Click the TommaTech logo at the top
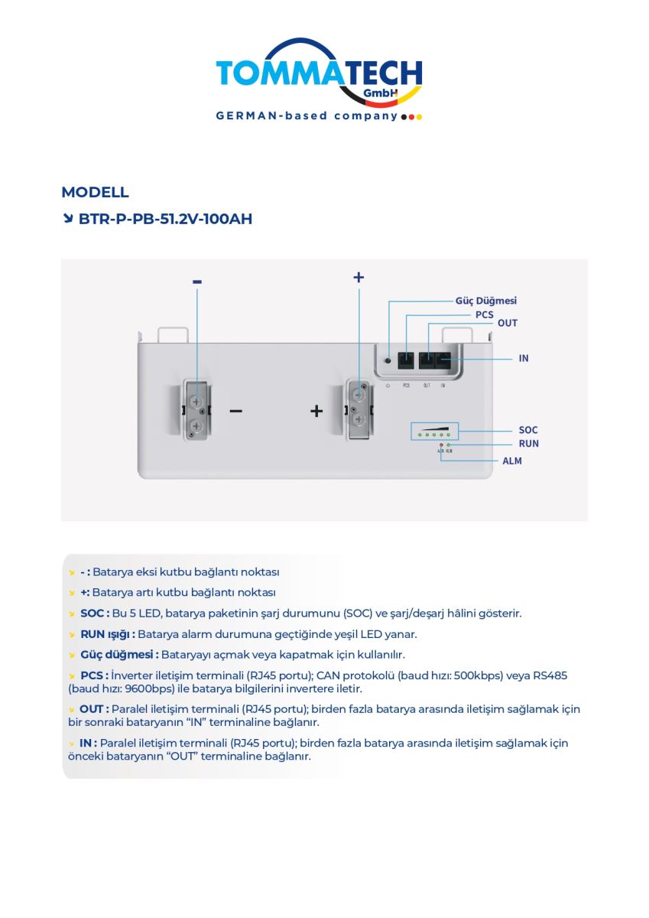pyautogui.click(x=319, y=75)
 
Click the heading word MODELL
pyautogui.click(x=95, y=192)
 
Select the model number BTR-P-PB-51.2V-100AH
pyautogui.click(x=165, y=219)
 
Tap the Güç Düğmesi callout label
pyautogui.click(x=486, y=301)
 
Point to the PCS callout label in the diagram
pyautogui.click(x=485, y=314)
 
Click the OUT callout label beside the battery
pyautogui.click(x=508, y=323)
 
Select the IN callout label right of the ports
pyautogui.click(x=524, y=358)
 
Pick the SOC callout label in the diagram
pyautogui.click(x=528, y=430)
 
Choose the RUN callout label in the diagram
pyautogui.click(x=528, y=444)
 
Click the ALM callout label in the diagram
pyautogui.click(x=512, y=461)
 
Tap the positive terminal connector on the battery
pyautogui.click(x=358, y=412)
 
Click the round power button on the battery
pyautogui.click(x=388, y=360)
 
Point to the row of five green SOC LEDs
pyautogui.click(x=433, y=435)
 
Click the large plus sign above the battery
pyautogui.click(x=359, y=277)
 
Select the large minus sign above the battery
pyautogui.click(x=197, y=282)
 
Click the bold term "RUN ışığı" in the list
pyautogui.click(x=108, y=634)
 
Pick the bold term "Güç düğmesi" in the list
pyautogui.click(x=119, y=655)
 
